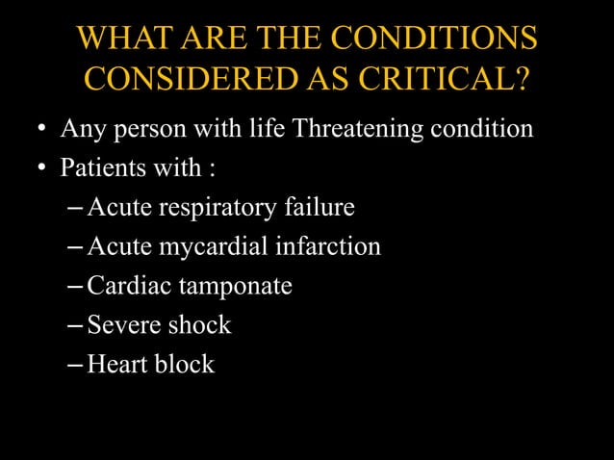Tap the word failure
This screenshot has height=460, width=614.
[320, 207]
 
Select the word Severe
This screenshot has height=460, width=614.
[119, 325]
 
